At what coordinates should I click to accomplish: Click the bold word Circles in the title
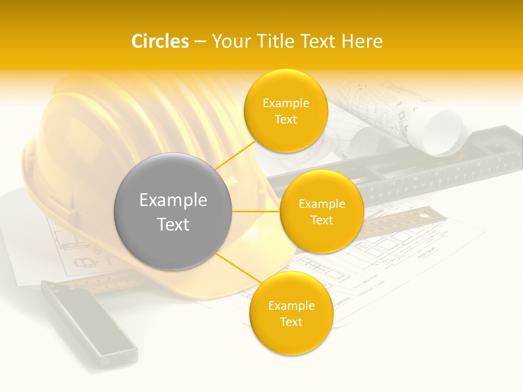click(x=160, y=41)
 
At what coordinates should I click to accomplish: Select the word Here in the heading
click(x=362, y=41)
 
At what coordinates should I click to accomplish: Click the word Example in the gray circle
click(x=173, y=200)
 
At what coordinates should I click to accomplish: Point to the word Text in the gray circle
click(x=173, y=224)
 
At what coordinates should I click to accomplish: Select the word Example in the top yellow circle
click(x=286, y=103)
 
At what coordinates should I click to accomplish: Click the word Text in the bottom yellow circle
click(x=291, y=322)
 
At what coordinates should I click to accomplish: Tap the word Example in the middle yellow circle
click(x=322, y=204)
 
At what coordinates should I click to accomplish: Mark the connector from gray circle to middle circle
click(x=256, y=211)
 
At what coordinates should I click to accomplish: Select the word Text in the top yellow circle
click(x=286, y=119)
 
